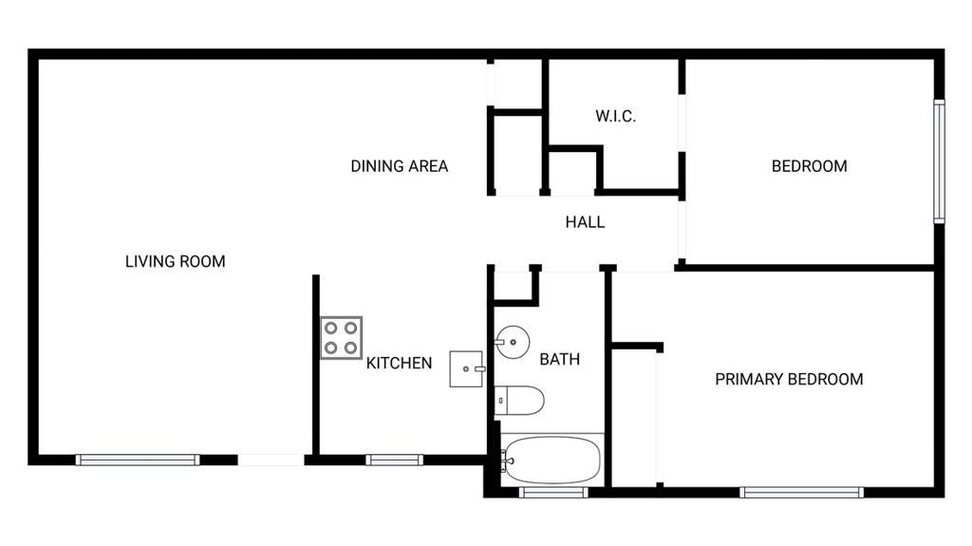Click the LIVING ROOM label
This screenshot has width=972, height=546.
176,261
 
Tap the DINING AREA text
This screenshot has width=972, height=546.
400,166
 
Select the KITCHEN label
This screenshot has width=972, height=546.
399,363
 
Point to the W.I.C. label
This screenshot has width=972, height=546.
615,116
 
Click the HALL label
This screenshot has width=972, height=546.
585,222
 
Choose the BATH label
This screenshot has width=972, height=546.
560,359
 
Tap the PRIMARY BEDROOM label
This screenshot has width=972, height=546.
789,379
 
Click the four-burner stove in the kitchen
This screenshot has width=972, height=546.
341,338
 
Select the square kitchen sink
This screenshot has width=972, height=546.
466,369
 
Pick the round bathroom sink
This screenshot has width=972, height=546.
513,341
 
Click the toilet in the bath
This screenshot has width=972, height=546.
519,400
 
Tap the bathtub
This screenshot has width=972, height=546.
551,460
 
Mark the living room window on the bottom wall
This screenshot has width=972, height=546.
138,460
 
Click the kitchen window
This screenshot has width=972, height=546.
394,460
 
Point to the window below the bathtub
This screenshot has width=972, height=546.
553,493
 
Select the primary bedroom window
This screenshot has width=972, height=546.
801,493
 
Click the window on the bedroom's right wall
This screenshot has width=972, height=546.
940,161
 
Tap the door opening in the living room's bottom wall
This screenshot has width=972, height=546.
271,460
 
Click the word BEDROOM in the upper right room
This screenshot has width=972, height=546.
809,166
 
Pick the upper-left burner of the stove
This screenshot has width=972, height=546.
331,328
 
